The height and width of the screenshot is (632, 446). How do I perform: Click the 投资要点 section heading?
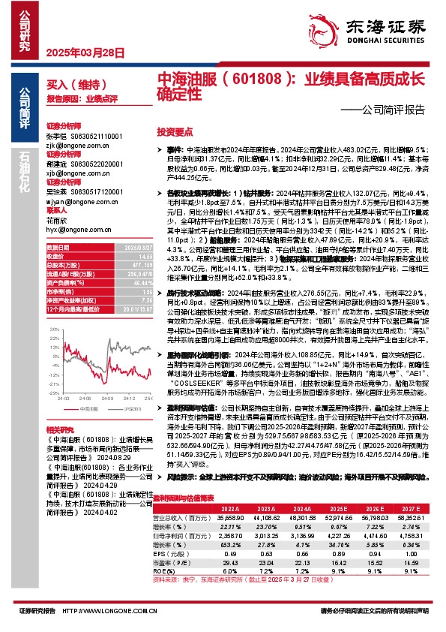point(175,131)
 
